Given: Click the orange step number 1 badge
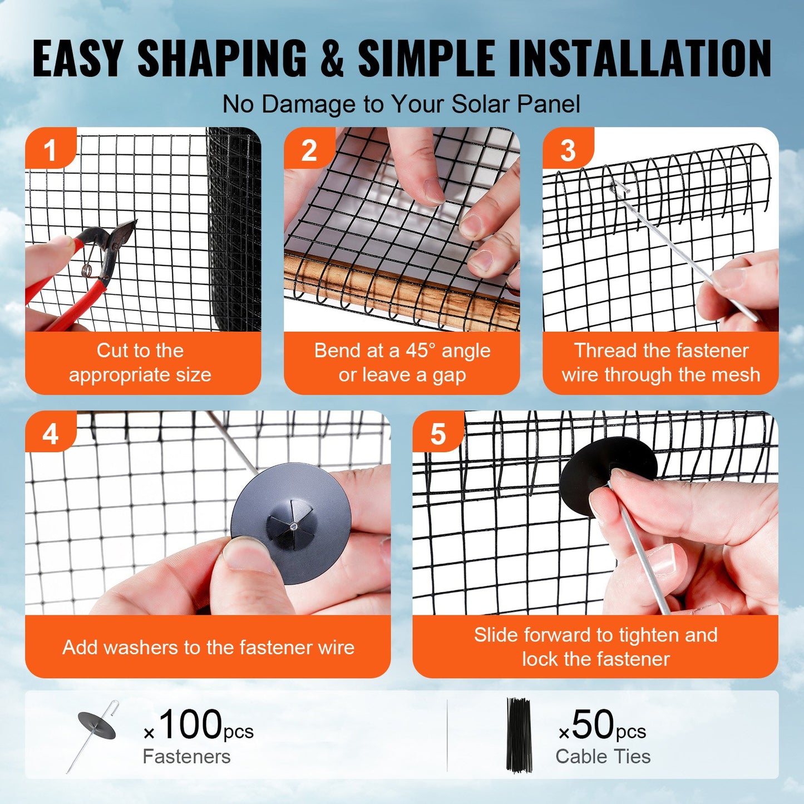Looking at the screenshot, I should (50, 149).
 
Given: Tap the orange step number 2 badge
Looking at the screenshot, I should (309, 149).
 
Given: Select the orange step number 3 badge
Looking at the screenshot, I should (568, 149).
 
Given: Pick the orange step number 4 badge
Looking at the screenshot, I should (50, 433).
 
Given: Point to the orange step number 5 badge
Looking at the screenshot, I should (438, 433).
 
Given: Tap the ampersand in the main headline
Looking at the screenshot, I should (332, 58).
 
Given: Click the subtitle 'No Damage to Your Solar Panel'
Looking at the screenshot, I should (401, 104).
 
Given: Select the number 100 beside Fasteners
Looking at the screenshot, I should (190, 724).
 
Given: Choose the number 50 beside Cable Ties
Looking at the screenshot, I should (593, 724).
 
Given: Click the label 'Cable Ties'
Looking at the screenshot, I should (603, 757).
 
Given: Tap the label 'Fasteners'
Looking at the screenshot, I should (186, 757).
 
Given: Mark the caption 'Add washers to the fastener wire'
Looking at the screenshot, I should (208, 647).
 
